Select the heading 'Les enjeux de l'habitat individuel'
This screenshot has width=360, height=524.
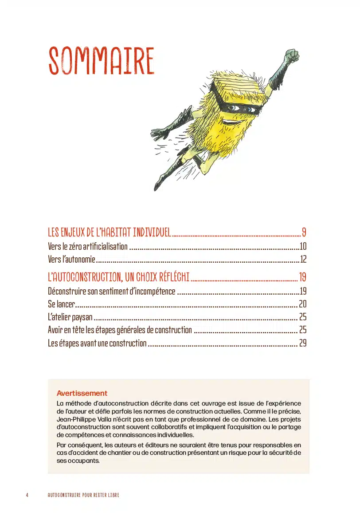click(110, 232)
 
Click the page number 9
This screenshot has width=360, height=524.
click(304, 232)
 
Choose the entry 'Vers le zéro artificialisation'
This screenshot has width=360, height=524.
click(88, 247)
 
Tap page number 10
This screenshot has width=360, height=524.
click(303, 247)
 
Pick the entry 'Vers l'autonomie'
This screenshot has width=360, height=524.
click(71, 259)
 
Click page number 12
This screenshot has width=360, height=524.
click(303, 259)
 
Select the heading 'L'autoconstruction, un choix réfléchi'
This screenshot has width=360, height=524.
click(119, 278)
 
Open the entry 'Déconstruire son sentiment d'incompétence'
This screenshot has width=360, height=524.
click(112, 292)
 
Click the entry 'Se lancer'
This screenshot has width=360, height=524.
click(61, 304)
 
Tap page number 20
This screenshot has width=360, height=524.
click(303, 304)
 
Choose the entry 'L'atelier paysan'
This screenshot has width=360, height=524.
click(70, 317)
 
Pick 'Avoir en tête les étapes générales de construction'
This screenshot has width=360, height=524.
click(120, 330)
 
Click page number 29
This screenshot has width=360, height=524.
click(303, 343)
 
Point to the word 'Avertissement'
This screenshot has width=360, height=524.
click(82, 393)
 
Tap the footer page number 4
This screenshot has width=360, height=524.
click(27, 495)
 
